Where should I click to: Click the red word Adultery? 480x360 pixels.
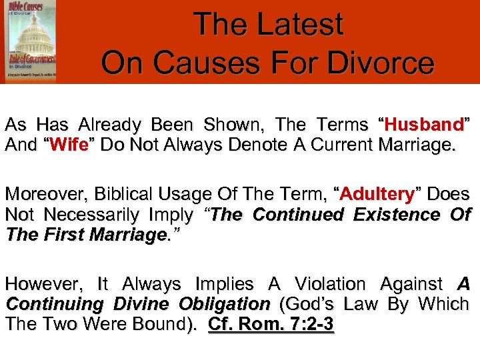[377, 194]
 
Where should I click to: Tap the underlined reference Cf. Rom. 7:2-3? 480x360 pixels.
[271, 325]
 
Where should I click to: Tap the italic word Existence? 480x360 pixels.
[395, 215]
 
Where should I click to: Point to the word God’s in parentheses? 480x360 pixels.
[311, 305]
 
